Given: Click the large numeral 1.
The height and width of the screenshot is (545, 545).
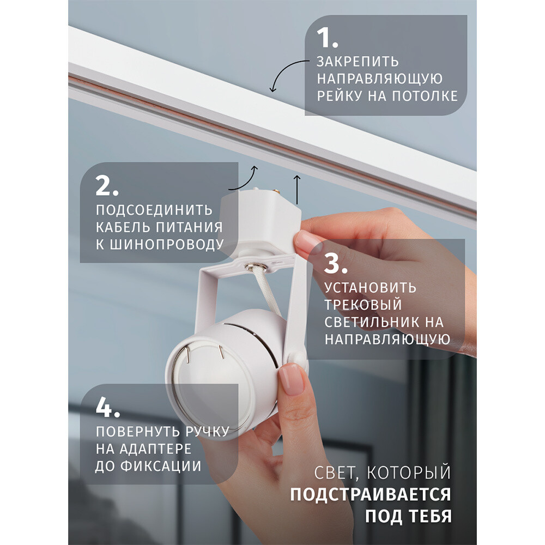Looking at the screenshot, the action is [x=326, y=38].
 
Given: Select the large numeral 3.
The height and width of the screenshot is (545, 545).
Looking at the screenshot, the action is [x=335, y=263].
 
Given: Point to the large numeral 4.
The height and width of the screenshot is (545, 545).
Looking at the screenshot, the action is [x=108, y=407].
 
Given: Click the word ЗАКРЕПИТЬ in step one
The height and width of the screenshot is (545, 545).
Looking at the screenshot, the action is [x=358, y=62].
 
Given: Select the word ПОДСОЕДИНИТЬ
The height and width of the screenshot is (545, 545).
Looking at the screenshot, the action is [x=154, y=210].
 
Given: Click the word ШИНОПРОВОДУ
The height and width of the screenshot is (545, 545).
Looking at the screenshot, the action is [x=167, y=244].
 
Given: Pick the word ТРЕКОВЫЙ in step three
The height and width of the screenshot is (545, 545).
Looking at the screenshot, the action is [x=363, y=305].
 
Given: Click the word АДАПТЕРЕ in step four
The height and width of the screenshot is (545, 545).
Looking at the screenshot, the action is [x=155, y=449].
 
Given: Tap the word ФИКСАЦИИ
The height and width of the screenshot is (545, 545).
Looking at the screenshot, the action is [x=166, y=466].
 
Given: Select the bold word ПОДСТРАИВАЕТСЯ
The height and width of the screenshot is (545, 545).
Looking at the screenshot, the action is [x=371, y=495].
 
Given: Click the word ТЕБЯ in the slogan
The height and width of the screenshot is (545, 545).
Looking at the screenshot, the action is [x=430, y=516].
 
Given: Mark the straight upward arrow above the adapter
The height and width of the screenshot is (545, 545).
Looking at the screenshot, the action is [x=297, y=190].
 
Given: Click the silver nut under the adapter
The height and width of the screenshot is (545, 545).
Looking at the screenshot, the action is [x=256, y=267].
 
